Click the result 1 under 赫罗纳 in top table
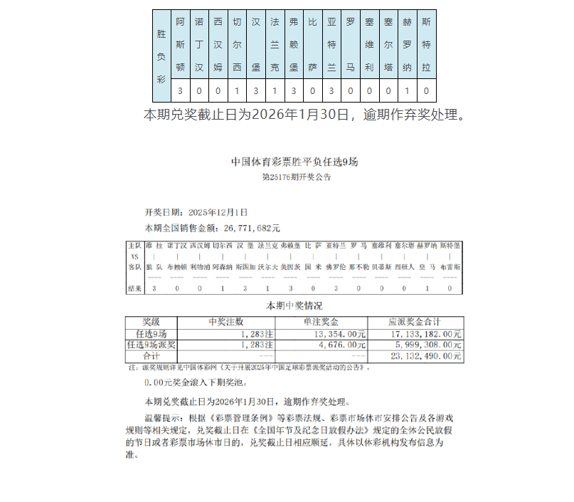pyautogui.click(x=407, y=91)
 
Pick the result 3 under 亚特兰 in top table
pyautogui.click(x=331, y=91)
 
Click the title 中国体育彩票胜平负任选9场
pyautogui.click(x=294, y=162)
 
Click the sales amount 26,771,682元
pyautogui.click(x=252, y=229)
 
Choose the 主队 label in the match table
pyautogui.click(x=134, y=246)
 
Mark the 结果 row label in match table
pyautogui.click(x=134, y=288)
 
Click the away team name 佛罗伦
pyautogui.click(x=336, y=266)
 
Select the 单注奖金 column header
pyautogui.click(x=321, y=322)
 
